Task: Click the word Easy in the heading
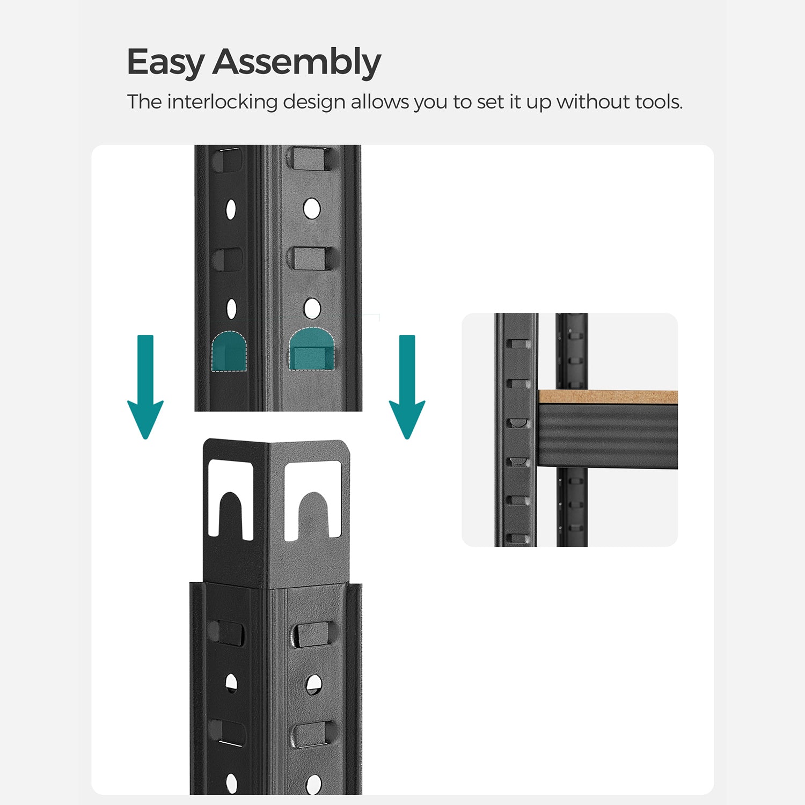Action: [x=165, y=62]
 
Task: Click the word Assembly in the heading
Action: [x=297, y=62]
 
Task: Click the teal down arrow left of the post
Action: [x=145, y=387]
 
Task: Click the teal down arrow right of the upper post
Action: [x=407, y=387]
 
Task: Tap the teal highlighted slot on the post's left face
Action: [x=229, y=352]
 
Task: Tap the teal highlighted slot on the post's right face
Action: [x=312, y=349]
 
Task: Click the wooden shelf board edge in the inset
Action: [x=608, y=397]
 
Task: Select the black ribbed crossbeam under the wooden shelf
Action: [x=608, y=436]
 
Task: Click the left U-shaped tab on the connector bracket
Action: [x=231, y=499]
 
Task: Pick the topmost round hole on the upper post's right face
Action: [x=312, y=208]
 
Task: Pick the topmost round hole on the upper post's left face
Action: [x=231, y=209]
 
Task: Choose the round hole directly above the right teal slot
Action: [x=312, y=309]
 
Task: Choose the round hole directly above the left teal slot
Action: [x=231, y=309]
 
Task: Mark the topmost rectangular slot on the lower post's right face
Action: [x=314, y=634]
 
